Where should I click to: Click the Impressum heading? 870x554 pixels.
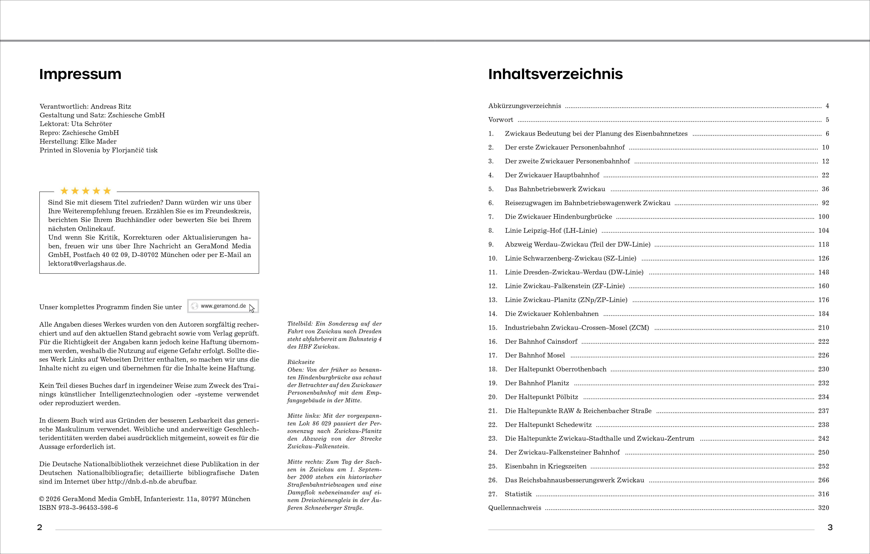80,74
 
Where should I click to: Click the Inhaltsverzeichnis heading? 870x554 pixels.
555,74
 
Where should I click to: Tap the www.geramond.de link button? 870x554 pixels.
223,306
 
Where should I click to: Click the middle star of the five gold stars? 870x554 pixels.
86,191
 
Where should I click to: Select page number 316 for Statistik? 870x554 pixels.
823,494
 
